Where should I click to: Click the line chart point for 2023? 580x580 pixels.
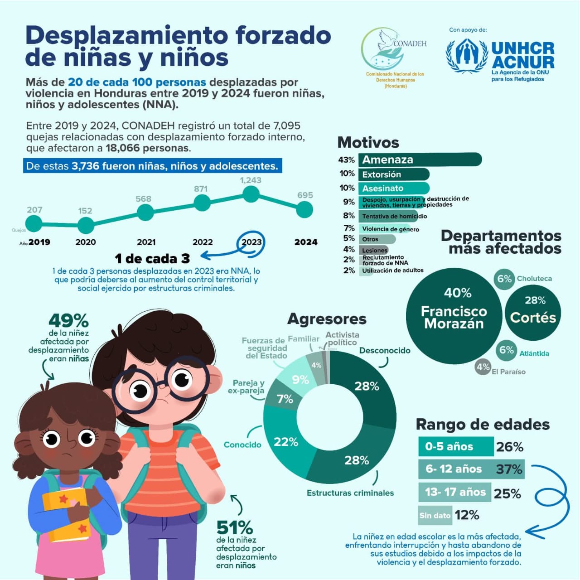[251, 194]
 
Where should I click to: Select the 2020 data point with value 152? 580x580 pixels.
[86, 225]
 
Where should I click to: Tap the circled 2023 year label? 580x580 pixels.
[251, 242]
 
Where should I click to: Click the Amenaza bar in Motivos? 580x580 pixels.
[420, 159]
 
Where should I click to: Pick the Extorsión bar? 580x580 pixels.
[393, 174]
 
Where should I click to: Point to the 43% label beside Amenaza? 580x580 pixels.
[346, 160]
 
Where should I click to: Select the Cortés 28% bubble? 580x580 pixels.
[533, 312]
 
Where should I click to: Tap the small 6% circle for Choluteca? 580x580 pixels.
[504, 279]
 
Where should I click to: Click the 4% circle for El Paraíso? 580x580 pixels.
[483, 367]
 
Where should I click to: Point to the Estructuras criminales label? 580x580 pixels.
[350, 493]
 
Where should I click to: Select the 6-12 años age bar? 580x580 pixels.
[471, 469]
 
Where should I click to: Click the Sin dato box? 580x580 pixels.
[435, 515]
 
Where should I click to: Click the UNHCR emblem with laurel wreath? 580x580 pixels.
[467, 56]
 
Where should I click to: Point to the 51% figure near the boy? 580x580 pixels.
[234, 527]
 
